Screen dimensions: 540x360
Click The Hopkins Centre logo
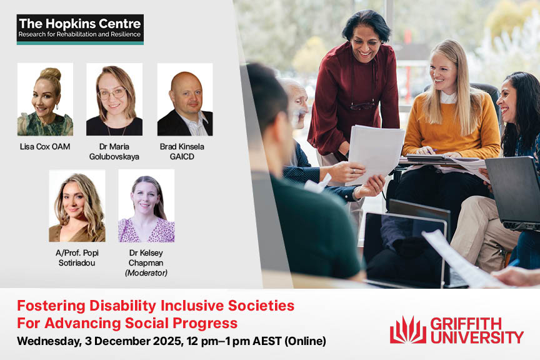[x=80, y=29]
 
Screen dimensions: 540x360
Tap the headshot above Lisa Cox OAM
[x=45, y=99]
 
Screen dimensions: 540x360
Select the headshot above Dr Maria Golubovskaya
[x=114, y=99]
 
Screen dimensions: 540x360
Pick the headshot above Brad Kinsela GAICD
[x=185, y=99]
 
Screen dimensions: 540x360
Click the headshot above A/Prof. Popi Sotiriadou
[x=77, y=206]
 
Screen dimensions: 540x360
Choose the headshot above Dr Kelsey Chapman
[x=146, y=206]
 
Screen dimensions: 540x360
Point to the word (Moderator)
[x=146, y=273]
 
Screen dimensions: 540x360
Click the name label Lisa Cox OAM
[x=45, y=147]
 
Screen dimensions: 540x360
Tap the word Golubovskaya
[x=114, y=157]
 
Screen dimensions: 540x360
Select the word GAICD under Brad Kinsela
[x=182, y=157]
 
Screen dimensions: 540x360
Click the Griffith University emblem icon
[x=407, y=330]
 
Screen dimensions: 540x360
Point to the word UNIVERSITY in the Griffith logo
[x=477, y=337]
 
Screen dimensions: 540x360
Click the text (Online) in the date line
[x=305, y=341]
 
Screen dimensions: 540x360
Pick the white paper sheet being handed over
[x=376, y=154]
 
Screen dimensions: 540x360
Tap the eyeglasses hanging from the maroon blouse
[x=362, y=105]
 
